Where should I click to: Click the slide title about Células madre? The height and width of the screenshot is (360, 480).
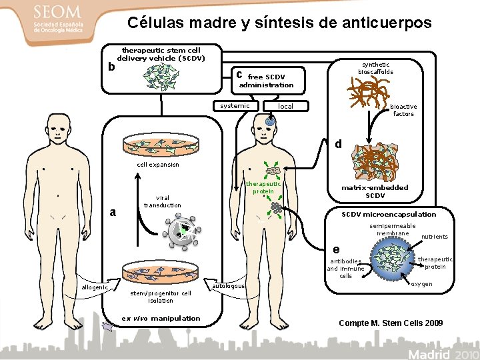pyautogui.click(x=279, y=23)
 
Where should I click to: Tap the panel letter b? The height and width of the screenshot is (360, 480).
pyautogui.click(x=112, y=67)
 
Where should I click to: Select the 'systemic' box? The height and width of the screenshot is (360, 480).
pyautogui.click(x=235, y=106)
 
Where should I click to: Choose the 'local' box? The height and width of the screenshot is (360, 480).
pyautogui.click(x=285, y=107)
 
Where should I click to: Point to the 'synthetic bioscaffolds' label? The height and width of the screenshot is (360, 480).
pyautogui.click(x=375, y=67)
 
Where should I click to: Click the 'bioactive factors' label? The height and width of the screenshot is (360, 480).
pyautogui.click(x=403, y=110)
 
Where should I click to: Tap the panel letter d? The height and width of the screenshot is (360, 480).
pyautogui.click(x=338, y=143)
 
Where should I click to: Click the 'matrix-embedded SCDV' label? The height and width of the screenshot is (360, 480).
pyautogui.click(x=375, y=191)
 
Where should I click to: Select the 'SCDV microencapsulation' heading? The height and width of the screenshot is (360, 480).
pyautogui.click(x=389, y=215)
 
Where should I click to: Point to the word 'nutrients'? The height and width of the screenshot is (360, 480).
pyautogui.click(x=434, y=237)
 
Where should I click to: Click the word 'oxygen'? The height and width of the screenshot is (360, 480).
pyautogui.click(x=421, y=284)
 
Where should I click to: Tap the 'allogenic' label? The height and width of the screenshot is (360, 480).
pyautogui.click(x=94, y=287)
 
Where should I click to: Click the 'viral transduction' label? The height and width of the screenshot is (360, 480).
pyautogui.click(x=162, y=201)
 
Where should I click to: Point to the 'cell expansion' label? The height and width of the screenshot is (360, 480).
pyautogui.click(x=157, y=164)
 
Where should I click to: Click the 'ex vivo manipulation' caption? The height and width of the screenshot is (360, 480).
pyautogui.click(x=161, y=318)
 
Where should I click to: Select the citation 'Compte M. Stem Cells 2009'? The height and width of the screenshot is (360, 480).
pyautogui.click(x=391, y=323)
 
